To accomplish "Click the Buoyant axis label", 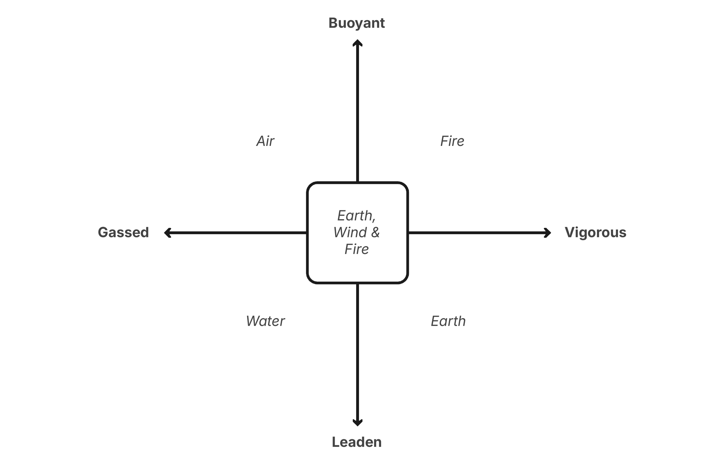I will pyautogui.click(x=356, y=23).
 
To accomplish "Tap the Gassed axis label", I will pyautogui.click(x=123, y=232).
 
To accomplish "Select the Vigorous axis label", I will pyautogui.click(x=595, y=232).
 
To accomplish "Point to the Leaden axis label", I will pyautogui.click(x=356, y=442).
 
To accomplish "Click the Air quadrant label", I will pyautogui.click(x=265, y=141).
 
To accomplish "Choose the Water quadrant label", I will pyautogui.click(x=265, y=321).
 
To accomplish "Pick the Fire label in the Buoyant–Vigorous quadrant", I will pyautogui.click(x=452, y=141).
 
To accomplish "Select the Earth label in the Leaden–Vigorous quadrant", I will pyautogui.click(x=448, y=321).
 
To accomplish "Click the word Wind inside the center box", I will pyautogui.click(x=350, y=232).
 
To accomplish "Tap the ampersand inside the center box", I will pyautogui.click(x=375, y=232).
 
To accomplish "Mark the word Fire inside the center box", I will pyautogui.click(x=356, y=249).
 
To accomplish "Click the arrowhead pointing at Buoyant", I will pyautogui.click(x=357, y=43).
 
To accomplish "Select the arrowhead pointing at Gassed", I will pyautogui.click(x=167, y=233).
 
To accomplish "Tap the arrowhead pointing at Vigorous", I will pyautogui.click(x=548, y=233).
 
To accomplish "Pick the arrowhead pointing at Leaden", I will pyautogui.click(x=357, y=423).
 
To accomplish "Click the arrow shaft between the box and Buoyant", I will pyautogui.click(x=357, y=114).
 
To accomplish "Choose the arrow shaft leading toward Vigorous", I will pyautogui.click(x=477, y=233).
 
